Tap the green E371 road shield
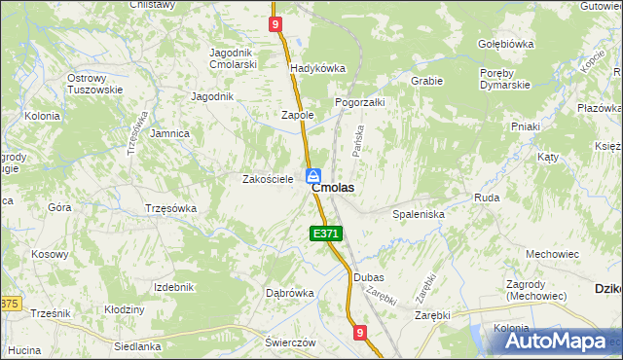[x=326, y=234]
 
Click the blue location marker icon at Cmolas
[x=313, y=176]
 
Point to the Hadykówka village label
[x=318, y=68]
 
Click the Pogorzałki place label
[x=360, y=101]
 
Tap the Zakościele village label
[x=268, y=179]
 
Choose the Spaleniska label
[x=419, y=213]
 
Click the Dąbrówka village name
[x=290, y=292]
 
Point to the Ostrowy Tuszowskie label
[x=94, y=84]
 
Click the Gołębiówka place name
[x=507, y=44]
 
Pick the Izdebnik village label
[x=174, y=287]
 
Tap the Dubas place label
[x=369, y=277]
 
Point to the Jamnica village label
[x=170, y=133]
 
